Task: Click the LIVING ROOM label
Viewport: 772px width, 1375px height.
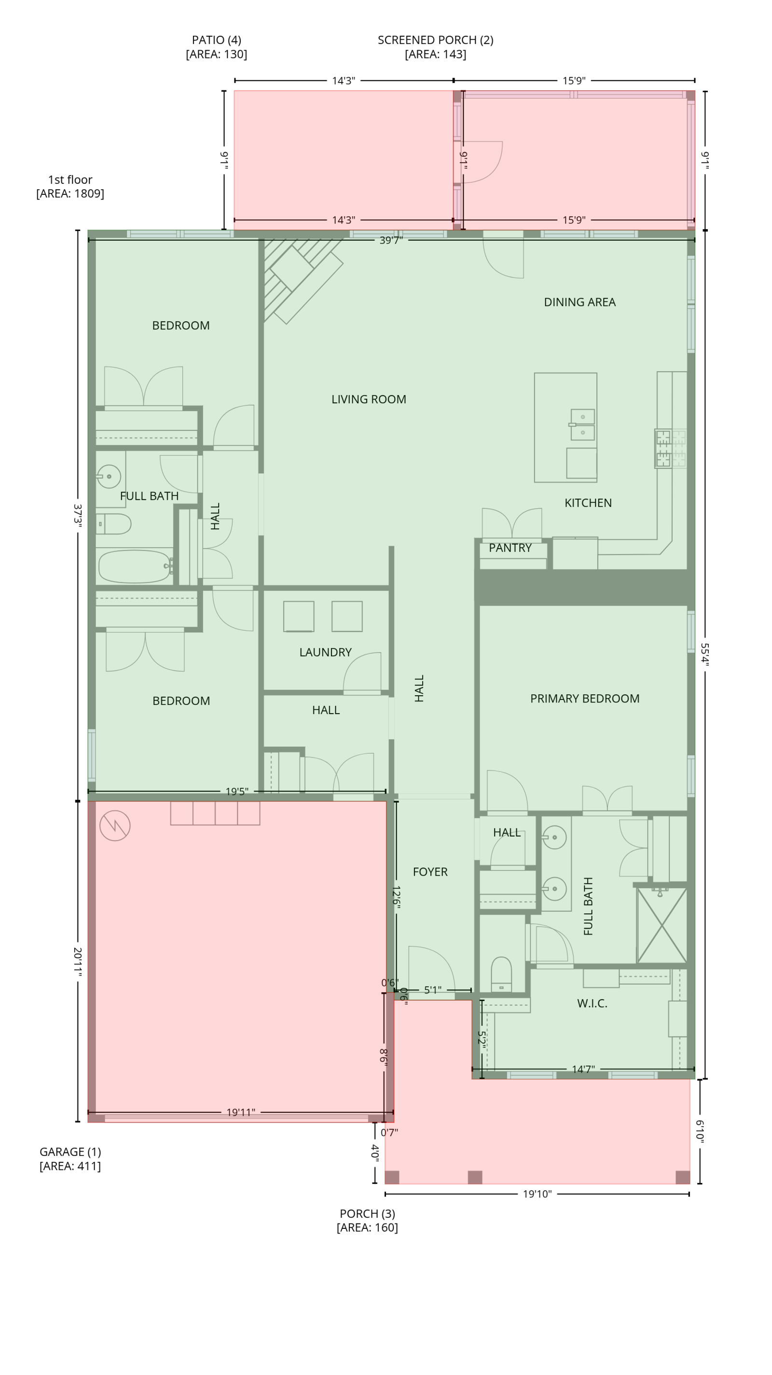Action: [x=368, y=399]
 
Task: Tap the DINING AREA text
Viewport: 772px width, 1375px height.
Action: [x=579, y=302]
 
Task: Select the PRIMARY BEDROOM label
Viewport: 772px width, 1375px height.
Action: [x=585, y=699]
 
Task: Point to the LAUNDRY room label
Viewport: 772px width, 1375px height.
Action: [x=325, y=652]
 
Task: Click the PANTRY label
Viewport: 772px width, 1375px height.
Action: [x=510, y=548]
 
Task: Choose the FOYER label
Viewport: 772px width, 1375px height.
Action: [x=430, y=872]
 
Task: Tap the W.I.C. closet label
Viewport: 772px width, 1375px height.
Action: [x=592, y=1004]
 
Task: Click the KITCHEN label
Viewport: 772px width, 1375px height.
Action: [x=588, y=503]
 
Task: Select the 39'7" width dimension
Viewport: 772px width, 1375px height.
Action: [x=391, y=240]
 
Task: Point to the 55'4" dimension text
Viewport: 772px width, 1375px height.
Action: [x=705, y=654]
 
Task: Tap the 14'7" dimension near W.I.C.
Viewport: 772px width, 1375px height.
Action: [x=583, y=1069]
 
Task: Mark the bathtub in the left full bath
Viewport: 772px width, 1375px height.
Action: [x=135, y=566]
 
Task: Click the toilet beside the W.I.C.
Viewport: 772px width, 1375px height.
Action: [x=501, y=974]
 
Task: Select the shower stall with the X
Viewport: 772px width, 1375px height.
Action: [x=662, y=925]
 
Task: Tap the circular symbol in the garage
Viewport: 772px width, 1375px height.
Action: [x=115, y=826]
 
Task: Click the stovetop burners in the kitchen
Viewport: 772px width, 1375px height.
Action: [x=671, y=449]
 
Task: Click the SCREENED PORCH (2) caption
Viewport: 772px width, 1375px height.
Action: [x=435, y=47]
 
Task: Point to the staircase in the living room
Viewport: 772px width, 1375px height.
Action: [x=302, y=280]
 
